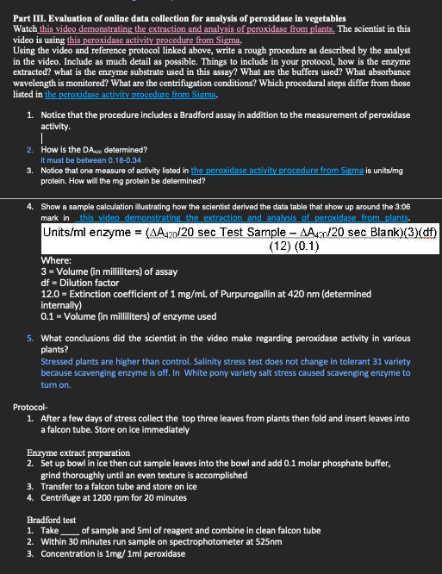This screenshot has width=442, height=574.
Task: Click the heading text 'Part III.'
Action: tap(32, 18)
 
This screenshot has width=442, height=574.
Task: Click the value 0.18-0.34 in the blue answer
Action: tap(105, 159)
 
